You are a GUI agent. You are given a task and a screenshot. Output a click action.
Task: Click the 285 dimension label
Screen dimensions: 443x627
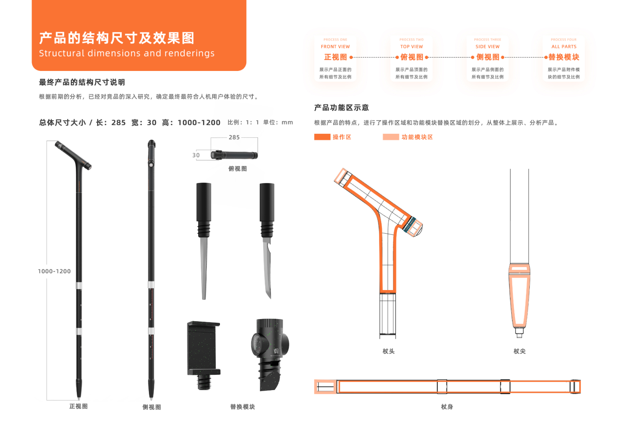[234, 137]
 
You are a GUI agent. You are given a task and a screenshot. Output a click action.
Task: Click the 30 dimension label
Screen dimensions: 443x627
[196, 155]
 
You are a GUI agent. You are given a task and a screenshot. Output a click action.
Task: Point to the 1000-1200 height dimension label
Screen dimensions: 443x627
[54, 271]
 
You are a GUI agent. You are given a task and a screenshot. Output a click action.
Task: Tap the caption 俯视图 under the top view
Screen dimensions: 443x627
[238, 169]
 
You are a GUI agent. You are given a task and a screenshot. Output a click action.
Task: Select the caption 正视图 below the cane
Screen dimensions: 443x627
[78, 406]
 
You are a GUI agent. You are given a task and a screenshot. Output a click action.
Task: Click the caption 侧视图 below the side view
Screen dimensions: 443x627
[152, 407]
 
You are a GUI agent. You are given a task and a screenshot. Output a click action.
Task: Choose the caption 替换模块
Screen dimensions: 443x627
[243, 406]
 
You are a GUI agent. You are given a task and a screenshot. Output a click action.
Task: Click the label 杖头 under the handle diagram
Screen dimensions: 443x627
[388, 351]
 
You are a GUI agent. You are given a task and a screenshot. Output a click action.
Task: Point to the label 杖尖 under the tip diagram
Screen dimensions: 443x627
[519, 351]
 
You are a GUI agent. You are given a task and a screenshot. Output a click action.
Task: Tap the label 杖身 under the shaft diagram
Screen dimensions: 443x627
[447, 406]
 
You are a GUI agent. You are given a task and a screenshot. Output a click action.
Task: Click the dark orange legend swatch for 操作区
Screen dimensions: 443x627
[322, 137]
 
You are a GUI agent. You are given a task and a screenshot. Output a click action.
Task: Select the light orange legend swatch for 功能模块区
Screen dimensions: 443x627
[391, 137]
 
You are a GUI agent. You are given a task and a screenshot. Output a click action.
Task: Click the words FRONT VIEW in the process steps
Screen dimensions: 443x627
[335, 47]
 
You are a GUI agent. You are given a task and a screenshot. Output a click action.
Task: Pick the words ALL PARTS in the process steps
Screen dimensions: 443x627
[564, 47]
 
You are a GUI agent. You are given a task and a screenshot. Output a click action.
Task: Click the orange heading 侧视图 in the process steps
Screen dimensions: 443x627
[487, 57]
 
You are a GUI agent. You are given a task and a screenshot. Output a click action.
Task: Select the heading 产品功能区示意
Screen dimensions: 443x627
[341, 107]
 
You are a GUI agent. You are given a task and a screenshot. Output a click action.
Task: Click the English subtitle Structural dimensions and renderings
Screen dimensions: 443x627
[127, 53]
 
